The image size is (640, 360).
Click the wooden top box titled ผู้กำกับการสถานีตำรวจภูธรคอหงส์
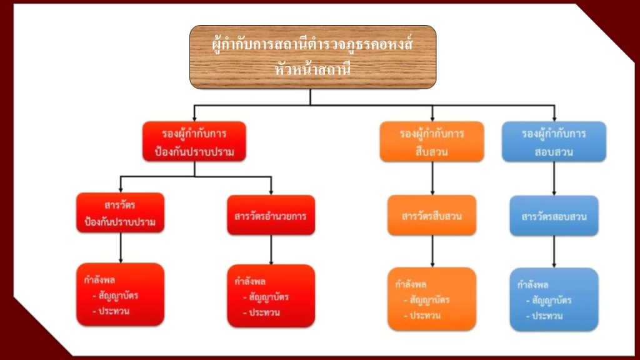click(312, 56)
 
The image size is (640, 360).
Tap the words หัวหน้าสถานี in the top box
click(312, 69)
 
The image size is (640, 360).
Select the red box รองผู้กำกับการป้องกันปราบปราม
click(194, 142)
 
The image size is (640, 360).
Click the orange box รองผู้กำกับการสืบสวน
click(432, 142)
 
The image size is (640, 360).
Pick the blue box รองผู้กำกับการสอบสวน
click(554, 142)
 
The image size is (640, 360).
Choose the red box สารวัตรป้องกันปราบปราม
click(120, 213)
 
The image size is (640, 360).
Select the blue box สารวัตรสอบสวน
click(554, 216)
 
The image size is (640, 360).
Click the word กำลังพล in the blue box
click(533, 285)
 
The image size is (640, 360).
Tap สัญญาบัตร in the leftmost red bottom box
click(113, 295)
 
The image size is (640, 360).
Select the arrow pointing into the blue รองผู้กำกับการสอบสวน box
click(554, 113)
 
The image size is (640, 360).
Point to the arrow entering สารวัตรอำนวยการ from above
click(271, 186)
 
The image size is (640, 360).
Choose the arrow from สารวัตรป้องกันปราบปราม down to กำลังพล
click(120, 248)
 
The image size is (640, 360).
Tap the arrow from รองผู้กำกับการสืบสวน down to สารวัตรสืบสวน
click(432, 178)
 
